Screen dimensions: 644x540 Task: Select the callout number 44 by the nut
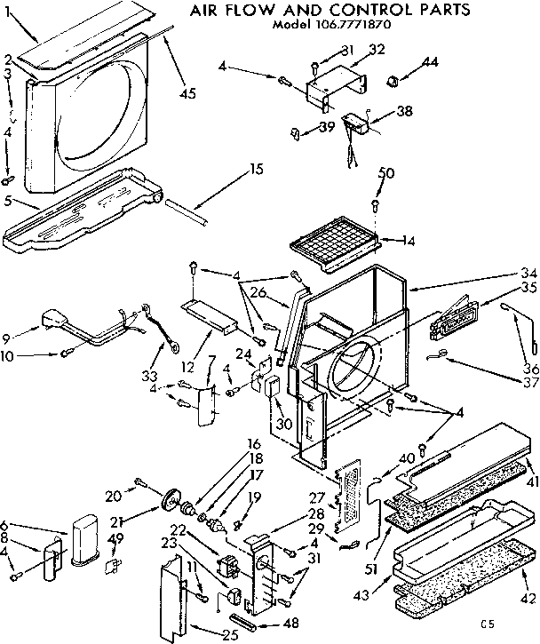click(430, 63)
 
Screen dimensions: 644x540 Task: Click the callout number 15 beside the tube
click(256, 168)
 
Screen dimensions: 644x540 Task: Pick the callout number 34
click(529, 272)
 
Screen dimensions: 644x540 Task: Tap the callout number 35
click(529, 287)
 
